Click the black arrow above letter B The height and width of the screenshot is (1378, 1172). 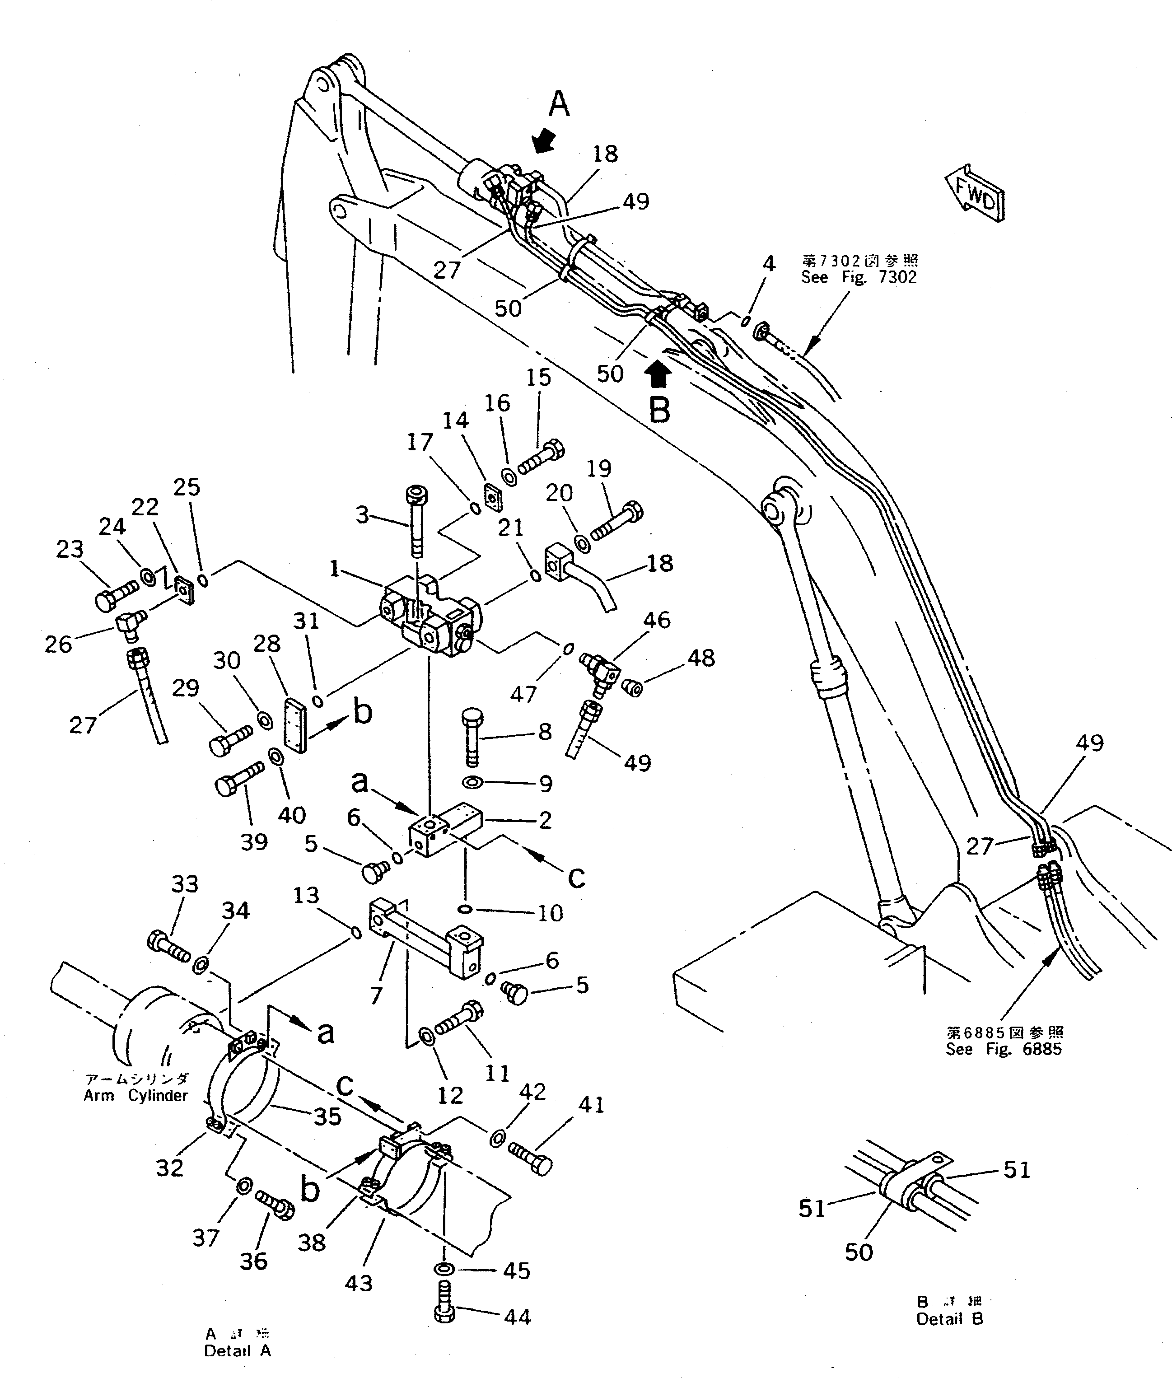tap(658, 374)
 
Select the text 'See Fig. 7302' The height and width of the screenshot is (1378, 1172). tap(859, 277)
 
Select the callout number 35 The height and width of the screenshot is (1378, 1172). tap(327, 1117)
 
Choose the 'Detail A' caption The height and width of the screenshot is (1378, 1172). tap(237, 1351)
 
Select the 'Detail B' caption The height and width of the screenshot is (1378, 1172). tap(949, 1319)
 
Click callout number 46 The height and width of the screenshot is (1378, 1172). tap(656, 620)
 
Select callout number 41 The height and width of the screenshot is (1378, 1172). tap(591, 1105)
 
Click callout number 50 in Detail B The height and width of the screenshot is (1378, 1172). tap(859, 1252)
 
